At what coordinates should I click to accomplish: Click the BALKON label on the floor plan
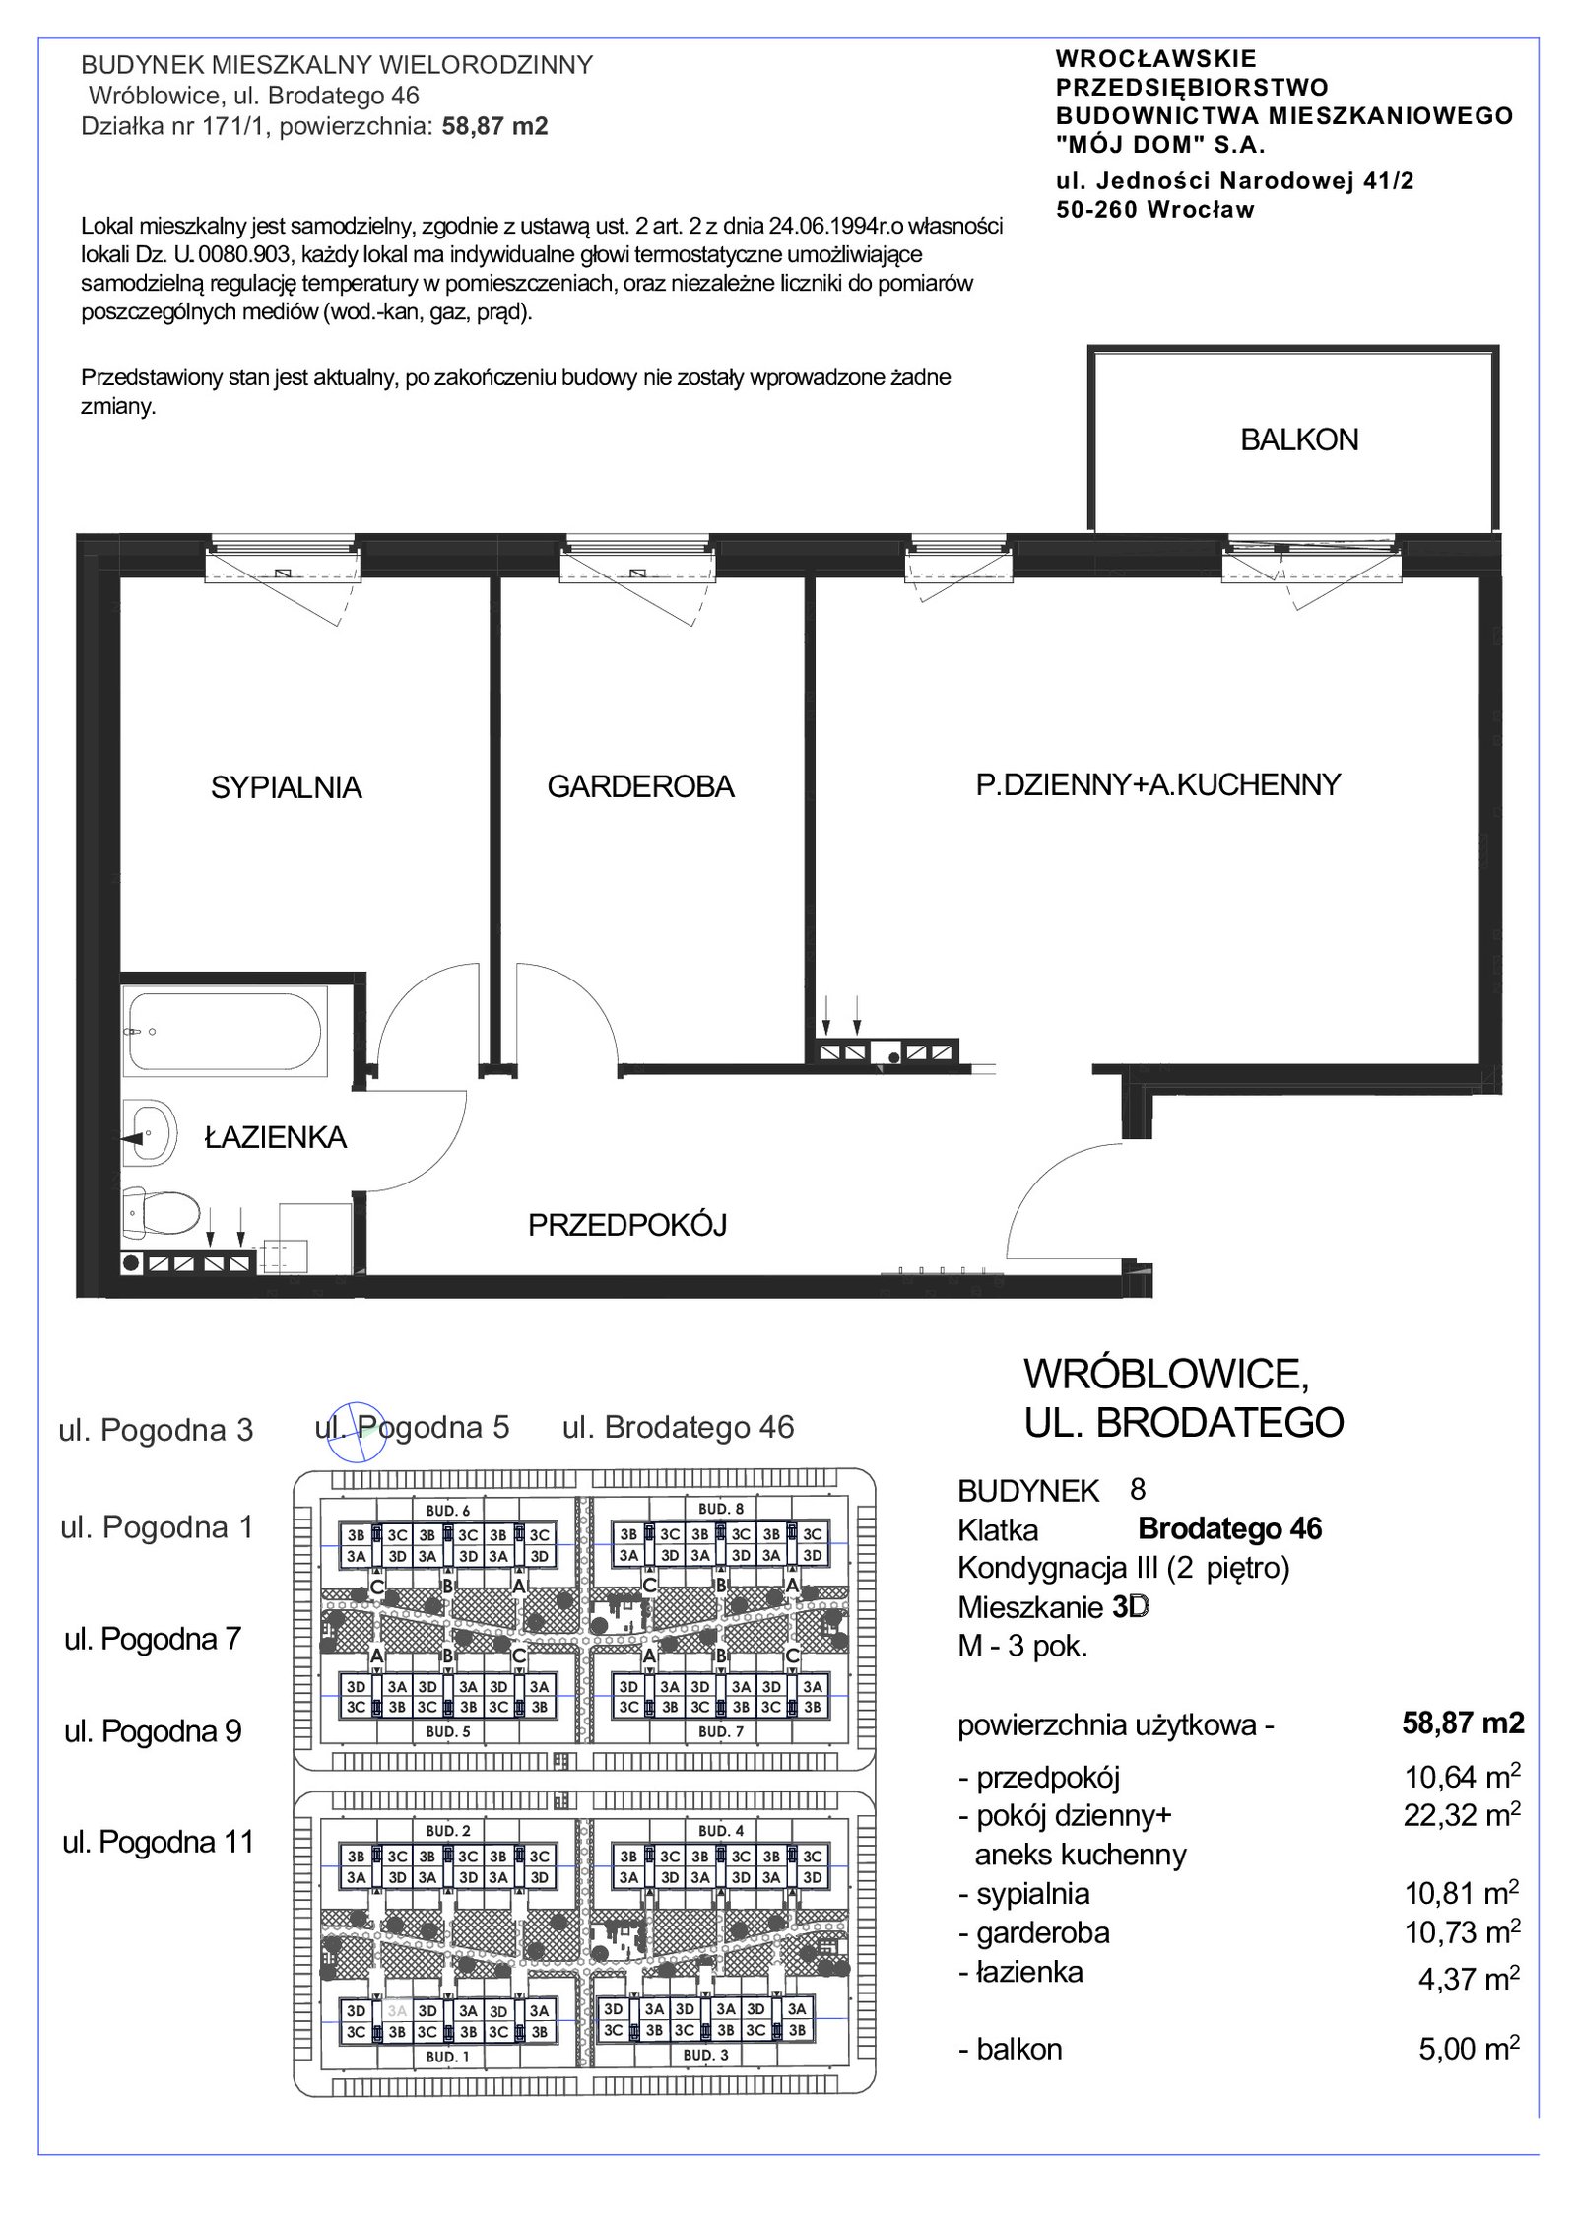pos(1299,439)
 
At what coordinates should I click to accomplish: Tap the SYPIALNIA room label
pos(287,787)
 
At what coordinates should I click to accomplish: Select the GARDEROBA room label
pos(641,786)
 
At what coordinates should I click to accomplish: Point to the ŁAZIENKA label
pos(275,1137)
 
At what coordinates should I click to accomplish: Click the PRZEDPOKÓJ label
pos(627,1224)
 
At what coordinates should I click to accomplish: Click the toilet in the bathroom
pos(162,1213)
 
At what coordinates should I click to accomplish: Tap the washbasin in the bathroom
pos(149,1136)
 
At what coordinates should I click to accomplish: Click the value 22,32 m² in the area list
pos(1462,1813)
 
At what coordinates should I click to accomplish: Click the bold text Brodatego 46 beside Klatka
pos(1229,1528)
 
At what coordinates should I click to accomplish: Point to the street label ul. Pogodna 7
pos(153,1639)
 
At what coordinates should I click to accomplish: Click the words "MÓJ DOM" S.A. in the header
pos(1159,145)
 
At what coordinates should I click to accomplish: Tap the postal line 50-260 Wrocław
pos(1155,209)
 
